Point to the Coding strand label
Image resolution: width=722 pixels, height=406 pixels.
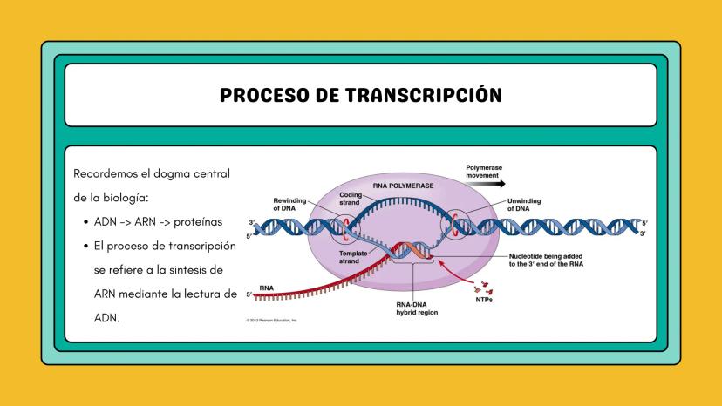[x=350, y=199]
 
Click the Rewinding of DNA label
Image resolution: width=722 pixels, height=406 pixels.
[x=289, y=204]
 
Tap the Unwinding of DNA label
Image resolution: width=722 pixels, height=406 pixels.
[x=523, y=205]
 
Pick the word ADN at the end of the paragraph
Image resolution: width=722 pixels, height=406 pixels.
[x=106, y=318]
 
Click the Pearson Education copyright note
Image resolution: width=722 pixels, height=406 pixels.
[x=272, y=321]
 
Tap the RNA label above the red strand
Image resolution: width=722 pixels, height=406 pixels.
[x=266, y=286]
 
